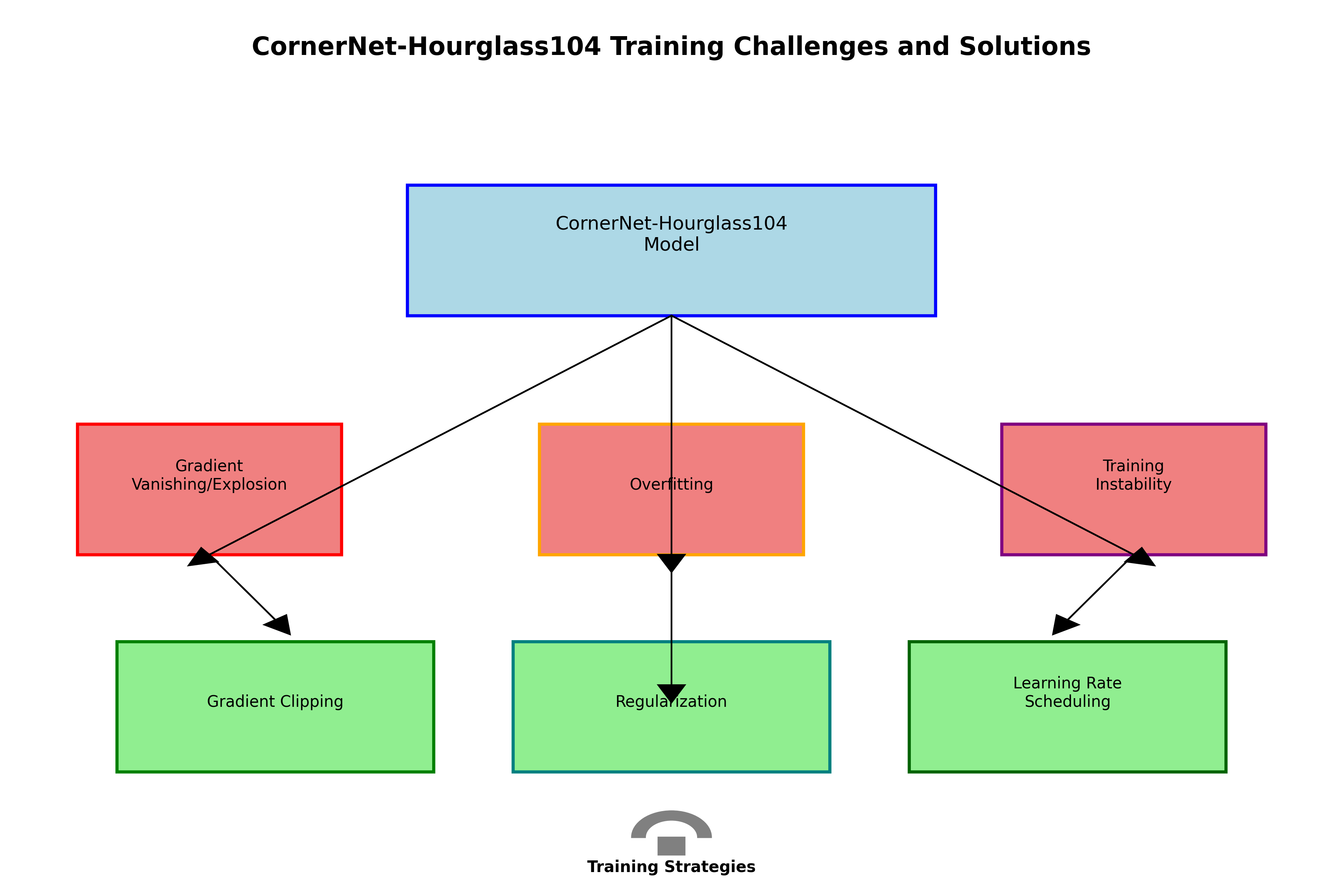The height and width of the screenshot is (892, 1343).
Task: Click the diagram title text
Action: coord(671,47)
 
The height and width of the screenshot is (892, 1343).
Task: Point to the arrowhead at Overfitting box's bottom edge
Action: coord(671,562)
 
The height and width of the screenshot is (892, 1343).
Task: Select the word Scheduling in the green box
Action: coord(1067,702)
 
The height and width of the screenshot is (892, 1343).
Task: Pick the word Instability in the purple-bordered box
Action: coord(1133,485)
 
